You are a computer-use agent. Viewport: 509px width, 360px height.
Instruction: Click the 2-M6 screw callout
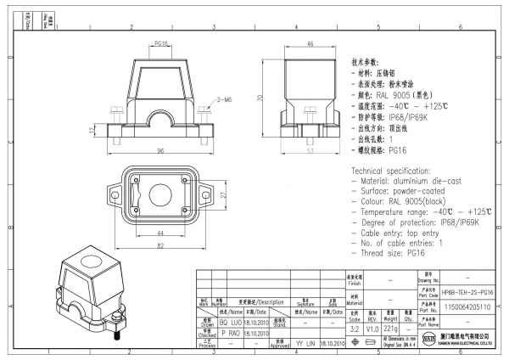click(224, 100)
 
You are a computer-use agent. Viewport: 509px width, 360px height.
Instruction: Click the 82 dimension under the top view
click(159, 245)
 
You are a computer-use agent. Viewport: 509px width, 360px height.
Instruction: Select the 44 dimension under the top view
click(159, 233)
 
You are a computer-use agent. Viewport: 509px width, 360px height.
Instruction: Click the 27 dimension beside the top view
click(222, 194)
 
